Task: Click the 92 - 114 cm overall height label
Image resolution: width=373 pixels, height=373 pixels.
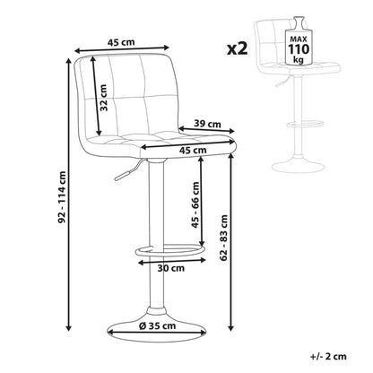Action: (x=62, y=197)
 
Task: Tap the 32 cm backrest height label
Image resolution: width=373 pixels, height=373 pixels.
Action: (x=103, y=98)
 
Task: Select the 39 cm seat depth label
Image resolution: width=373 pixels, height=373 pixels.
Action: (x=207, y=123)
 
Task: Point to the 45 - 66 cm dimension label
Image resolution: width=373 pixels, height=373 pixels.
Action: (x=195, y=204)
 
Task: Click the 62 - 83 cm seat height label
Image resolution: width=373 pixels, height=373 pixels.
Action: (x=223, y=238)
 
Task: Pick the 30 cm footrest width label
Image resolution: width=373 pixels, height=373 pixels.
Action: (x=171, y=268)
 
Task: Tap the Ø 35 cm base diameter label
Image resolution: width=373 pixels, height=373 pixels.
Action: (x=158, y=325)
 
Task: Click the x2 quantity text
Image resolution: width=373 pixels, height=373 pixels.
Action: (x=238, y=48)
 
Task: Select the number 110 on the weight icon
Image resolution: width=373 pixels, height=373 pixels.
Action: (x=299, y=48)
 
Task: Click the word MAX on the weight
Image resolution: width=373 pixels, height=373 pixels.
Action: (x=299, y=39)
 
